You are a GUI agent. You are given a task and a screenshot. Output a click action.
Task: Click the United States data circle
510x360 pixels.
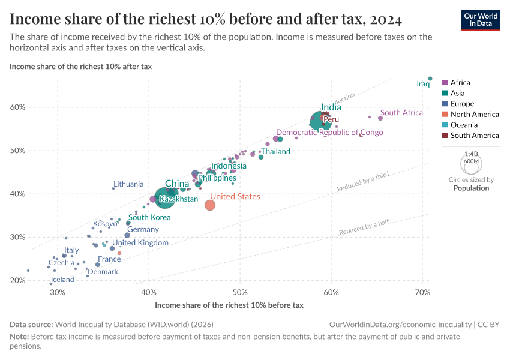(x=209, y=205)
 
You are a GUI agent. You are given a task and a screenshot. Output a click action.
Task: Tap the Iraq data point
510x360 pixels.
(x=430, y=79)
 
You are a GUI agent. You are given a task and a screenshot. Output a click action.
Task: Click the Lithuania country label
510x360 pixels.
(x=128, y=184)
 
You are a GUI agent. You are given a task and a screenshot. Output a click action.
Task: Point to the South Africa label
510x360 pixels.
(x=402, y=113)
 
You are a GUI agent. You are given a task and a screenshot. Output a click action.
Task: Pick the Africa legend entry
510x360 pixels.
(x=460, y=83)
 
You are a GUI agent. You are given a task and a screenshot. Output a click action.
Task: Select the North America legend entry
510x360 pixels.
(x=474, y=115)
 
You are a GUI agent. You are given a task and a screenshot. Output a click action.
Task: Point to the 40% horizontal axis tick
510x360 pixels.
(x=149, y=292)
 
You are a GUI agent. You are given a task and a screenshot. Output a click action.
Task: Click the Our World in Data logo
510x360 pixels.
(x=480, y=19)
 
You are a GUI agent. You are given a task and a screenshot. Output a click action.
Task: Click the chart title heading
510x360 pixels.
(x=206, y=19)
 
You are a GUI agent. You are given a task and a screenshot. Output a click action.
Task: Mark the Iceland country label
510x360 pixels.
(x=62, y=280)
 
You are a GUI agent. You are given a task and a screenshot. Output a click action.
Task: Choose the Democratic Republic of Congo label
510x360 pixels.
(x=329, y=133)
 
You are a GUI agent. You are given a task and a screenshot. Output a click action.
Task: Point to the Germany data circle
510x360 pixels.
(x=127, y=235)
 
